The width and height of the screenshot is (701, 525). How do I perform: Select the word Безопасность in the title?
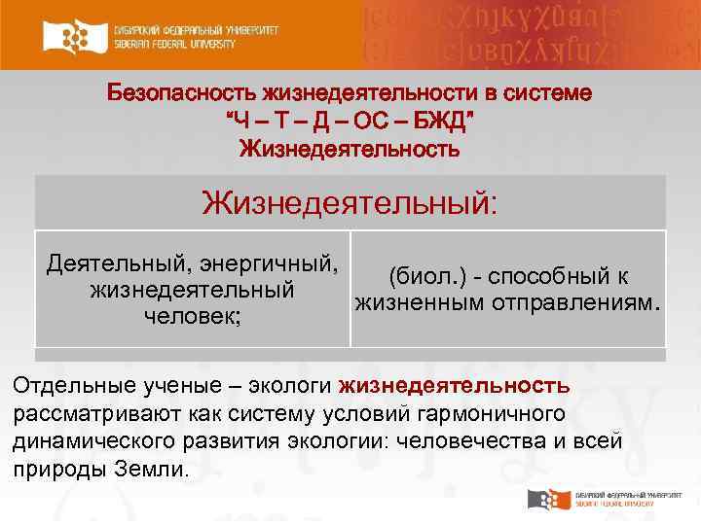click(x=180, y=95)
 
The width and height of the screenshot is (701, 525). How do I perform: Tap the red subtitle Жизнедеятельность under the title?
click(x=350, y=150)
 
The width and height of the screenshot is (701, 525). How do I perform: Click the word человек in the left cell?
click(x=190, y=317)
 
